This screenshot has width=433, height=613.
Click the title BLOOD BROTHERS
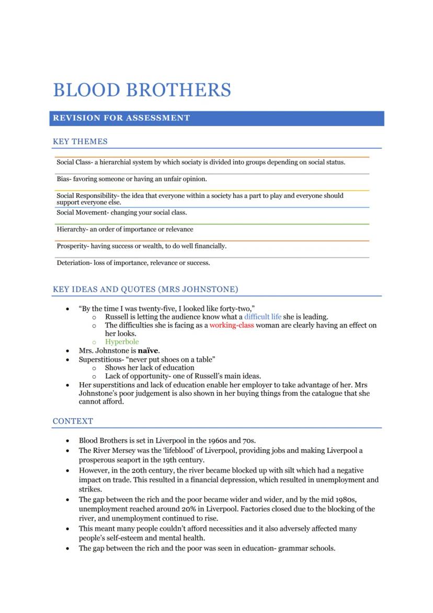[x=142, y=90]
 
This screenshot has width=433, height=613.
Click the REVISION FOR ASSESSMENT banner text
[x=121, y=118]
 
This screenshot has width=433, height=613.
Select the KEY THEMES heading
[x=80, y=141]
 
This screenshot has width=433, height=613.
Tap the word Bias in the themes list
[x=63, y=179]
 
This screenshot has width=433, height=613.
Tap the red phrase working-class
[x=232, y=325]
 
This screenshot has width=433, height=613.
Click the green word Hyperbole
[x=122, y=342]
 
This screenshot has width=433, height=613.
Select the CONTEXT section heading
[x=73, y=421]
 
